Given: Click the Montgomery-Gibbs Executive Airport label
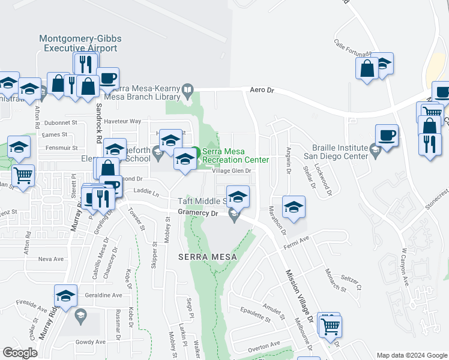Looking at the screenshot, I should click(x=80, y=43).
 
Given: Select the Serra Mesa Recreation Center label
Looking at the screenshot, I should click(x=231, y=155).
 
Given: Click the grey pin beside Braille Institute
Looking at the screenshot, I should click(x=376, y=151).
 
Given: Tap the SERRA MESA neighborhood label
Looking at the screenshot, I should click(x=208, y=257).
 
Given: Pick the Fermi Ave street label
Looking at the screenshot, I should click(x=295, y=239).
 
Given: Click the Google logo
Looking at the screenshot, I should click(x=20, y=353).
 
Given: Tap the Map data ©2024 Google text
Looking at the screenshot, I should click(x=412, y=355).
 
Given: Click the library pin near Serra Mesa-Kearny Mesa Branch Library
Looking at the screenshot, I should click(x=188, y=91).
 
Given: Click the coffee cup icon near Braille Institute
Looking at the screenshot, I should click(x=387, y=135).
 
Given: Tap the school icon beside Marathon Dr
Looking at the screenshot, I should click(x=294, y=207).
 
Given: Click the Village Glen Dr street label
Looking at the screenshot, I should click(x=231, y=170).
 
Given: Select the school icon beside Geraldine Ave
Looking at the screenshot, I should click(x=65, y=295).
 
